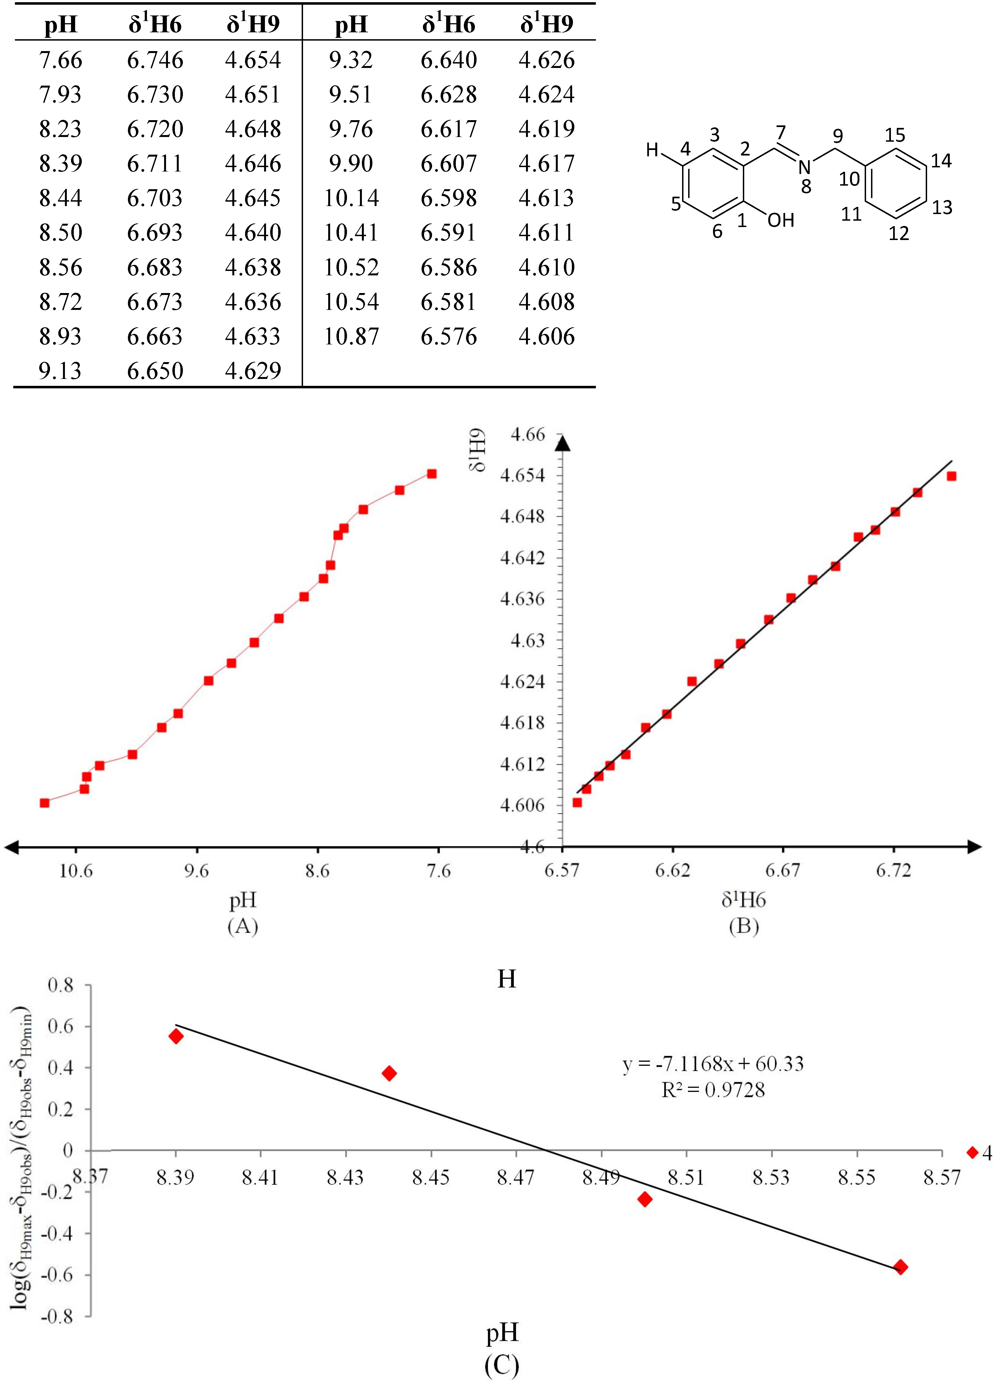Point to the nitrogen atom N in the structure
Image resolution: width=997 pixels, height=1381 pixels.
click(804, 166)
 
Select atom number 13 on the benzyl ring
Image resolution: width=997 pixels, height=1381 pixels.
click(941, 208)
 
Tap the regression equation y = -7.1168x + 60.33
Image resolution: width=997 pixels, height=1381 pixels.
click(712, 1064)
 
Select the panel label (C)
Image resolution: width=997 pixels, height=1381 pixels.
click(502, 1366)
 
